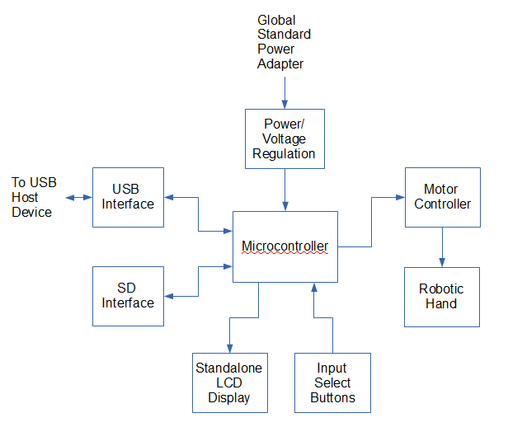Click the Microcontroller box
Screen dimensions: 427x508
pos(285,246)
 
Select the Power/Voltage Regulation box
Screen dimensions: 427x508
pos(285,138)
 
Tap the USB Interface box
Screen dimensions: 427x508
pos(128,197)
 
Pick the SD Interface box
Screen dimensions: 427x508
pos(128,296)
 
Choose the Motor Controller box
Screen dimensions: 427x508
pos(443,197)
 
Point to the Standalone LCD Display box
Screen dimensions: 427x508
pos(228,382)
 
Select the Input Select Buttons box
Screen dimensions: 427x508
pos(332,382)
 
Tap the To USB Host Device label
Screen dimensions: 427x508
pos(34,197)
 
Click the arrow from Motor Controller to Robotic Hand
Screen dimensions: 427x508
pos(443,246)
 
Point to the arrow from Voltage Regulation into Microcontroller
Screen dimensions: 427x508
pos(285,189)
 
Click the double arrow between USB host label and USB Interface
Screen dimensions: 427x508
pos(79,198)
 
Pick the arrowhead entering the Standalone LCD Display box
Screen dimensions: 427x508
pos(229,348)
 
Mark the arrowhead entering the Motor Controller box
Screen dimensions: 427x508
pos(400,198)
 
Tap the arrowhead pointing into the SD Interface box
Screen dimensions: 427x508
pos(169,296)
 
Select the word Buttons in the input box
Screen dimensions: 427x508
pos(332,397)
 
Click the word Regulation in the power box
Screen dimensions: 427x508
pos(285,153)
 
